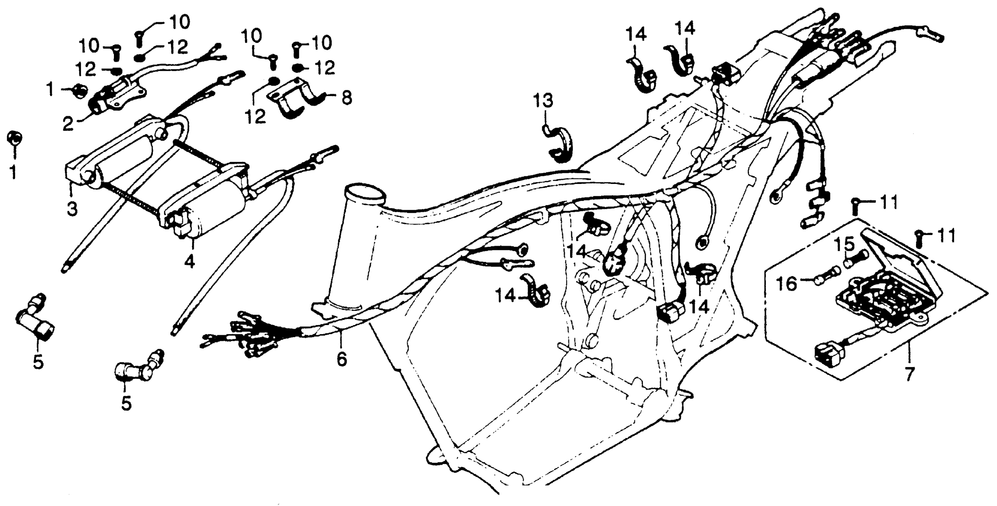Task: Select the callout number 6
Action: [x=341, y=359]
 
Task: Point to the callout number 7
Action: [x=910, y=375]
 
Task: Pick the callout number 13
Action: [x=544, y=101]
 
